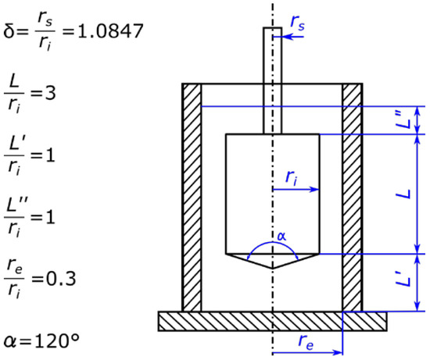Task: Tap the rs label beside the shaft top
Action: point(297,25)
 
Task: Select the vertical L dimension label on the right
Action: point(403,194)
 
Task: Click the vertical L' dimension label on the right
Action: point(403,283)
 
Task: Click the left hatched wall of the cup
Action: point(192,195)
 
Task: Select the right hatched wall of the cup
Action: point(352,195)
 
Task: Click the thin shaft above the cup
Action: point(272,62)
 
